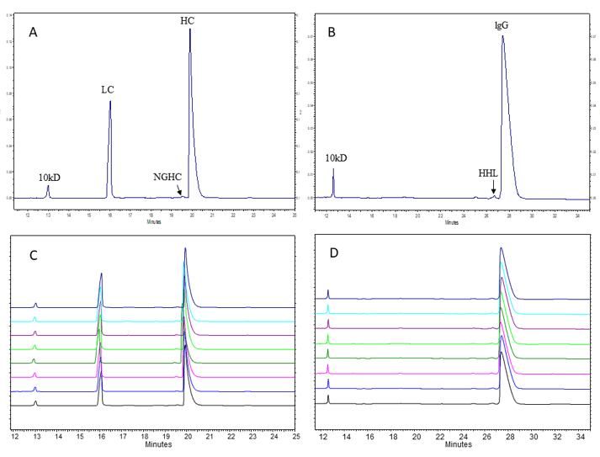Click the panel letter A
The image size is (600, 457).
[34, 32]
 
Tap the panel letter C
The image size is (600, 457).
[33, 258]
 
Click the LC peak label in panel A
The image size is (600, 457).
[107, 88]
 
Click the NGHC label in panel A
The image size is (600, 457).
[166, 177]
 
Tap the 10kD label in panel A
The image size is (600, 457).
[49, 178]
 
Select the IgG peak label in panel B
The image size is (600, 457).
[501, 25]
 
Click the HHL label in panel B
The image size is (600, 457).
[488, 173]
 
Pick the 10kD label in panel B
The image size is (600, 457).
[337, 157]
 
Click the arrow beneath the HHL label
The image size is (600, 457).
[493, 189]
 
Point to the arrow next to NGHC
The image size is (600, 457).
[178, 190]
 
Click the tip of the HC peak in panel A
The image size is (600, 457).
[190, 29]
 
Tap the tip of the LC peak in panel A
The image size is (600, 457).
[110, 102]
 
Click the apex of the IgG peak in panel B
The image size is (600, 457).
[502, 36]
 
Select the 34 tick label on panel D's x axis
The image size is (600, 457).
[579, 437]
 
